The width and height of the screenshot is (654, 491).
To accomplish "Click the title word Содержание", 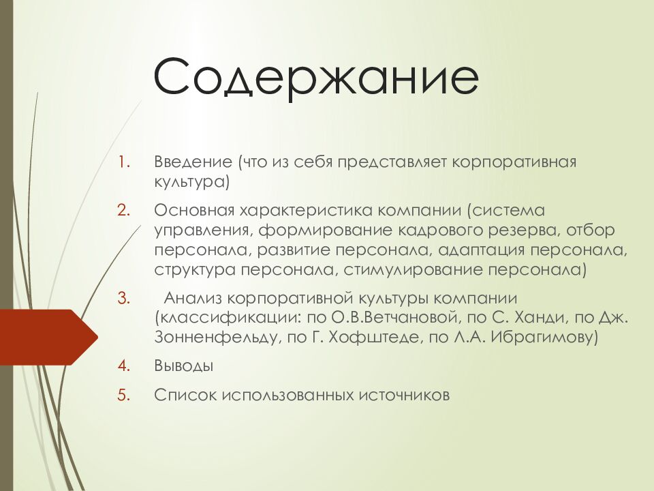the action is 316,78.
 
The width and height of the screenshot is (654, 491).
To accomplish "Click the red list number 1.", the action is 124,162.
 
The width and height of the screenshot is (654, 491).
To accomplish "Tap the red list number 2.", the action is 124,210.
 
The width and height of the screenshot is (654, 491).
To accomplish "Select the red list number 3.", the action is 124,298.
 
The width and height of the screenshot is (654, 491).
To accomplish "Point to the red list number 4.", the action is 124,366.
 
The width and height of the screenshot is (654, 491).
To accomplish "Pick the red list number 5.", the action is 124,395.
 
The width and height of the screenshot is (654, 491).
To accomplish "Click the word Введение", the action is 193,162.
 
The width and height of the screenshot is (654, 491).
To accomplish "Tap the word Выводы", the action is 184,366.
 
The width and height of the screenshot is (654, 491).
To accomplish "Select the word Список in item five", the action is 185,395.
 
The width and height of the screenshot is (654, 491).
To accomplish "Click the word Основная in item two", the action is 195,210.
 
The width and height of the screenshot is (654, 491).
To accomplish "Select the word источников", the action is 404,395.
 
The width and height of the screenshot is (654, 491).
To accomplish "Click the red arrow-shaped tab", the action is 49,338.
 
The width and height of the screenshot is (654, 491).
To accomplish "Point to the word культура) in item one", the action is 192,183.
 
